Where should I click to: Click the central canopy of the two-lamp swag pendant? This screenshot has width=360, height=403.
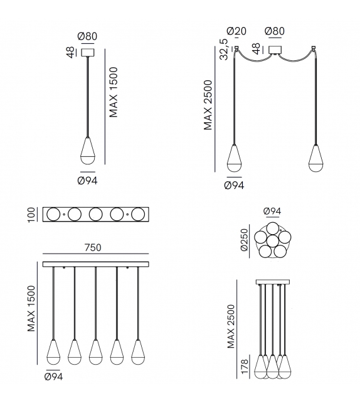pos(275,50)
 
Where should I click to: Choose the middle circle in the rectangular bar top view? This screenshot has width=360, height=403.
pos(96,214)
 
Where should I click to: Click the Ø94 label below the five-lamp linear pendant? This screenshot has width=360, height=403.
pos(53,377)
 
